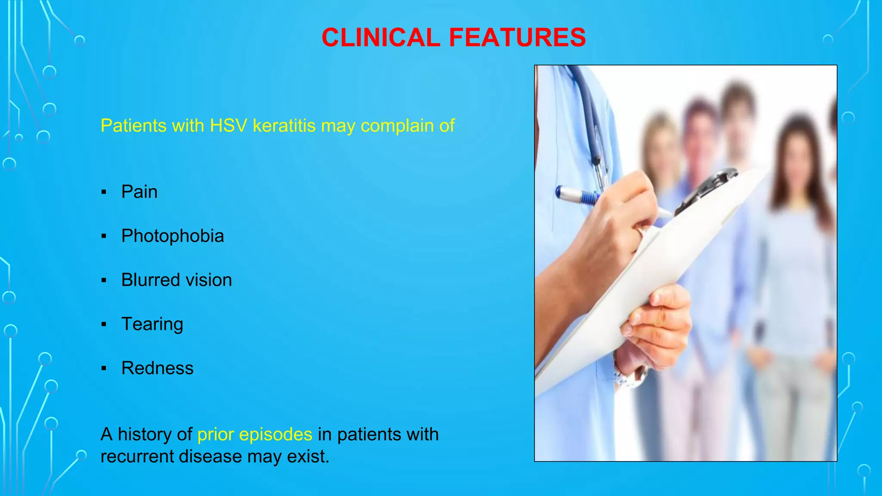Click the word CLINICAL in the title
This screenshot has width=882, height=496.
pyautogui.click(x=381, y=37)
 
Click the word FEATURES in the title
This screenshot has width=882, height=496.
pyautogui.click(x=517, y=37)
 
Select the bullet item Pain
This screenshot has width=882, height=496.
pyautogui.click(x=139, y=192)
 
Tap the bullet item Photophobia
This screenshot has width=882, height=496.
pyautogui.click(x=172, y=236)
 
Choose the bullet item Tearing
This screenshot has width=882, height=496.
pyautogui.click(x=152, y=324)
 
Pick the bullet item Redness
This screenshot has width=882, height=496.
pyautogui.click(x=157, y=368)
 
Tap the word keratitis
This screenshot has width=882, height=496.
pyautogui.click(x=284, y=126)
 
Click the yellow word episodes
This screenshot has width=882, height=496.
pyautogui.click(x=275, y=434)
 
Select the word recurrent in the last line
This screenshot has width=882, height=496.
pyautogui.click(x=137, y=456)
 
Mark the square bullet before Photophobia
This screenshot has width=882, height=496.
pyautogui.click(x=104, y=236)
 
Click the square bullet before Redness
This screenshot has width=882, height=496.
pyautogui.click(x=104, y=369)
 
